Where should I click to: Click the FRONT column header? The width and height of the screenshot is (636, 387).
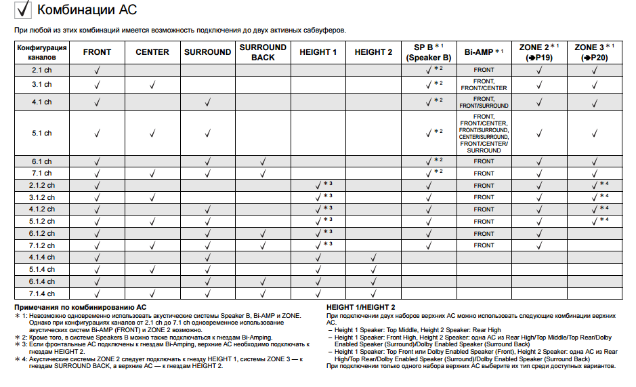(97, 52)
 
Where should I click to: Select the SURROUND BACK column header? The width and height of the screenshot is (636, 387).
(263, 52)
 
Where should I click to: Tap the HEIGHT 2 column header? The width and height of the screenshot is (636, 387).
(373, 52)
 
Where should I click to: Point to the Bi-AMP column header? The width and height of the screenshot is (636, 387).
(484, 52)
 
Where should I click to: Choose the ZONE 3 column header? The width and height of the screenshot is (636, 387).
(594, 52)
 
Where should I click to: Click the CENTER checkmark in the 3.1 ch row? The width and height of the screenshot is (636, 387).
(152, 85)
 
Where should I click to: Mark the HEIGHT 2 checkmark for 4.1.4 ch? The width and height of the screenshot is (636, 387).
(373, 258)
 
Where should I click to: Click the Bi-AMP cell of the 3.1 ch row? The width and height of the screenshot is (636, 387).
(484, 85)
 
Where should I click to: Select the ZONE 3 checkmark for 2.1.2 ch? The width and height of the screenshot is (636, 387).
(594, 185)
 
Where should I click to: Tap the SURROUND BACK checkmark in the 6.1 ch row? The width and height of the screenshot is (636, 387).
(263, 161)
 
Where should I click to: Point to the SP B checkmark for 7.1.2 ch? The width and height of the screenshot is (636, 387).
(428, 245)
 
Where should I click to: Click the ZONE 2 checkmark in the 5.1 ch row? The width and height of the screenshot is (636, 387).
(539, 134)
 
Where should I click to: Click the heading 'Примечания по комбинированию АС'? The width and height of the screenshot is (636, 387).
(81, 307)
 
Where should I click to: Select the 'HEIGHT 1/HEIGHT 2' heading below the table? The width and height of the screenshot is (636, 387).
(360, 307)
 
